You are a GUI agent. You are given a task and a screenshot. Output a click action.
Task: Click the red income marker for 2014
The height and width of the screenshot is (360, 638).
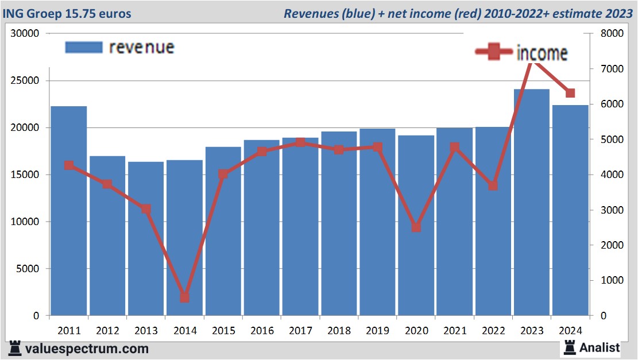click(x=184, y=297)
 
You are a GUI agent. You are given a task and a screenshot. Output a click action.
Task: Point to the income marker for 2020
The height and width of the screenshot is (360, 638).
click(x=416, y=227)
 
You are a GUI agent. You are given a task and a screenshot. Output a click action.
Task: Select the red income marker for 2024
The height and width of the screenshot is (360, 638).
click(x=570, y=93)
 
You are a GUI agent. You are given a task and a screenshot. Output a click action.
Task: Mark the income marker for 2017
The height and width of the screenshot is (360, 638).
click(x=300, y=142)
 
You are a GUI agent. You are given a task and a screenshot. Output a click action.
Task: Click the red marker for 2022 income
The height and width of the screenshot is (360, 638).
click(x=493, y=185)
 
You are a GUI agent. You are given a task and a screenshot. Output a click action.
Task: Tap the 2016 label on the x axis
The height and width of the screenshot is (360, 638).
click(x=262, y=331)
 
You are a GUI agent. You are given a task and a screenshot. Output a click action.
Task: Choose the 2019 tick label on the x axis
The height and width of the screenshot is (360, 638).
click(x=378, y=331)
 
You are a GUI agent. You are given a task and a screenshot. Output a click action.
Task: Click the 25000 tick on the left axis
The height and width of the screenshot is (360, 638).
click(x=26, y=80)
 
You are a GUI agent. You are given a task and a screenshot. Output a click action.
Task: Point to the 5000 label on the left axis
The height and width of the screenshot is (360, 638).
click(x=29, y=269)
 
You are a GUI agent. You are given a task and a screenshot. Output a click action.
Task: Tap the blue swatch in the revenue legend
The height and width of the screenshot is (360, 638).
click(x=84, y=47)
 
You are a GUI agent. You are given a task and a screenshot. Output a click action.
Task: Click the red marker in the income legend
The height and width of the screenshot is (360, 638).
click(x=494, y=52)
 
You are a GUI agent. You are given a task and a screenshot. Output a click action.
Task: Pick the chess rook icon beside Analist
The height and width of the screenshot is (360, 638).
click(x=570, y=347)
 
